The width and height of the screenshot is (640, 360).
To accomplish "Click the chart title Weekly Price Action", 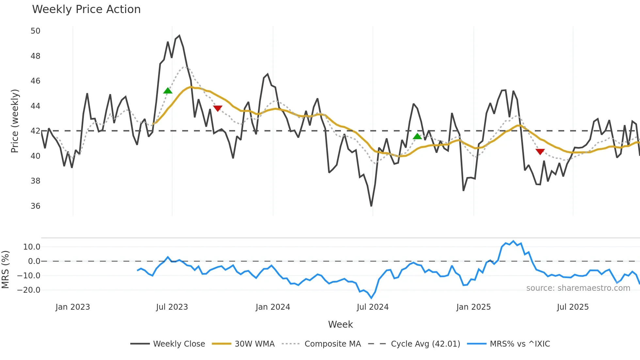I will pos(86,9).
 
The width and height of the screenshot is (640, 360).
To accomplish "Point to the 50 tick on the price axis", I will pos(35,31).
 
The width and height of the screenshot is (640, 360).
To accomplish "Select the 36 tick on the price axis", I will pos(35,206).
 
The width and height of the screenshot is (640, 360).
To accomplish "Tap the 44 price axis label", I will pos(35,106).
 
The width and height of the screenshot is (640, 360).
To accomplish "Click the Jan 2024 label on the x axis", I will pos(273,307).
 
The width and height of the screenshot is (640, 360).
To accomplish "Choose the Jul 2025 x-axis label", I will pos(573,307).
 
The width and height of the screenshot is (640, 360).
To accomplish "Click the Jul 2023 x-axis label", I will pos(172,307).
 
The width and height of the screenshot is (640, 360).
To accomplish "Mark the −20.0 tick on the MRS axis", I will pos(29,290).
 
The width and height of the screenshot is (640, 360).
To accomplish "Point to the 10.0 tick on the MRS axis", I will pos(32,247).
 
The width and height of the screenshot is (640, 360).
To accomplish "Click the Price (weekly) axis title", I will pos(15,121).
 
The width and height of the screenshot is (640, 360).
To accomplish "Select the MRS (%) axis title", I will pos(5,270).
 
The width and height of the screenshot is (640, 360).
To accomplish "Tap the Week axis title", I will pos(340,324).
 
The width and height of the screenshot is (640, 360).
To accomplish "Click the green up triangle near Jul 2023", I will pos(168,91).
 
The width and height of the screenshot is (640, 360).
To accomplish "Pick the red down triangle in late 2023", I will pos(217,108).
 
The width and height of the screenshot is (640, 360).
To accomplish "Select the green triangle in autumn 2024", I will pos(417,137).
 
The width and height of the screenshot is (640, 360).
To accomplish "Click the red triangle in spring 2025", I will pos(540,152).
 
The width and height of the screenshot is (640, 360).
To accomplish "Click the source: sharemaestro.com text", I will pos(578,288).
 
